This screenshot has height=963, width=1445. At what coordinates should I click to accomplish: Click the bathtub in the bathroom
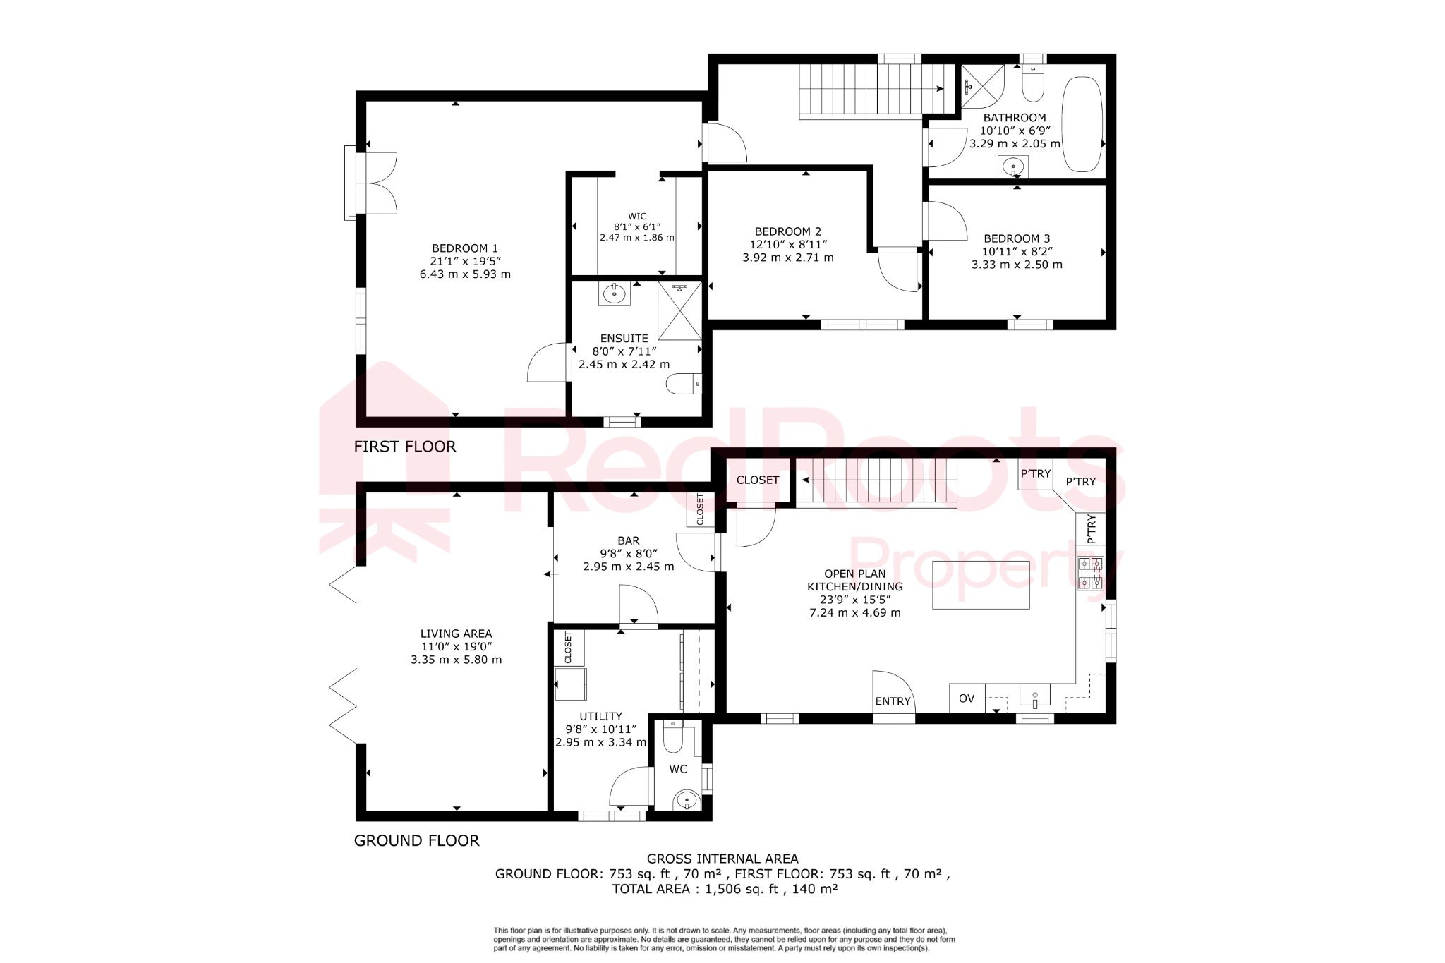point(1082,124)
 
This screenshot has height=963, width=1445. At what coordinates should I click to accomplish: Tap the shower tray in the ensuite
point(679,311)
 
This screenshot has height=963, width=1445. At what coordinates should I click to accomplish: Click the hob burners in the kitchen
point(1090,573)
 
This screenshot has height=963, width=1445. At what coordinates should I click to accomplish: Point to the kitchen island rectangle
point(981,585)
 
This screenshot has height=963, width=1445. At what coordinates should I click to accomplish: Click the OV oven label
point(966,698)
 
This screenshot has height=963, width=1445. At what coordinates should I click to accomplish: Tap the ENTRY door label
point(893,701)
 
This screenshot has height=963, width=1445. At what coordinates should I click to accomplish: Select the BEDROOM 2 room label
point(787,231)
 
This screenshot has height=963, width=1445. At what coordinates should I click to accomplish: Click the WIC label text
point(637,217)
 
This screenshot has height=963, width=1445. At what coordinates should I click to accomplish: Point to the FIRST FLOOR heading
point(404,447)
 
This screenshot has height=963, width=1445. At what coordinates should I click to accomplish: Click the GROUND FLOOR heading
point(416,840)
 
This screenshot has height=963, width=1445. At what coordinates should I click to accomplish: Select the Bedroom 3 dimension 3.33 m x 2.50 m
point(1016,265)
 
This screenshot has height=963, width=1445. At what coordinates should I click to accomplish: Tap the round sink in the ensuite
point(614,293)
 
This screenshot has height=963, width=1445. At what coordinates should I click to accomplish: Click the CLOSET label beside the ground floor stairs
point(757,480)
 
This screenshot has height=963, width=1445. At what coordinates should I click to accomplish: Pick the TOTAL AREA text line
point(725,889)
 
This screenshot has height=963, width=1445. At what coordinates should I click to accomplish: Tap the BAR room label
point(628,540)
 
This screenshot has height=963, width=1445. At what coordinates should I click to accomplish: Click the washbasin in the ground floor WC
point(685,801)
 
